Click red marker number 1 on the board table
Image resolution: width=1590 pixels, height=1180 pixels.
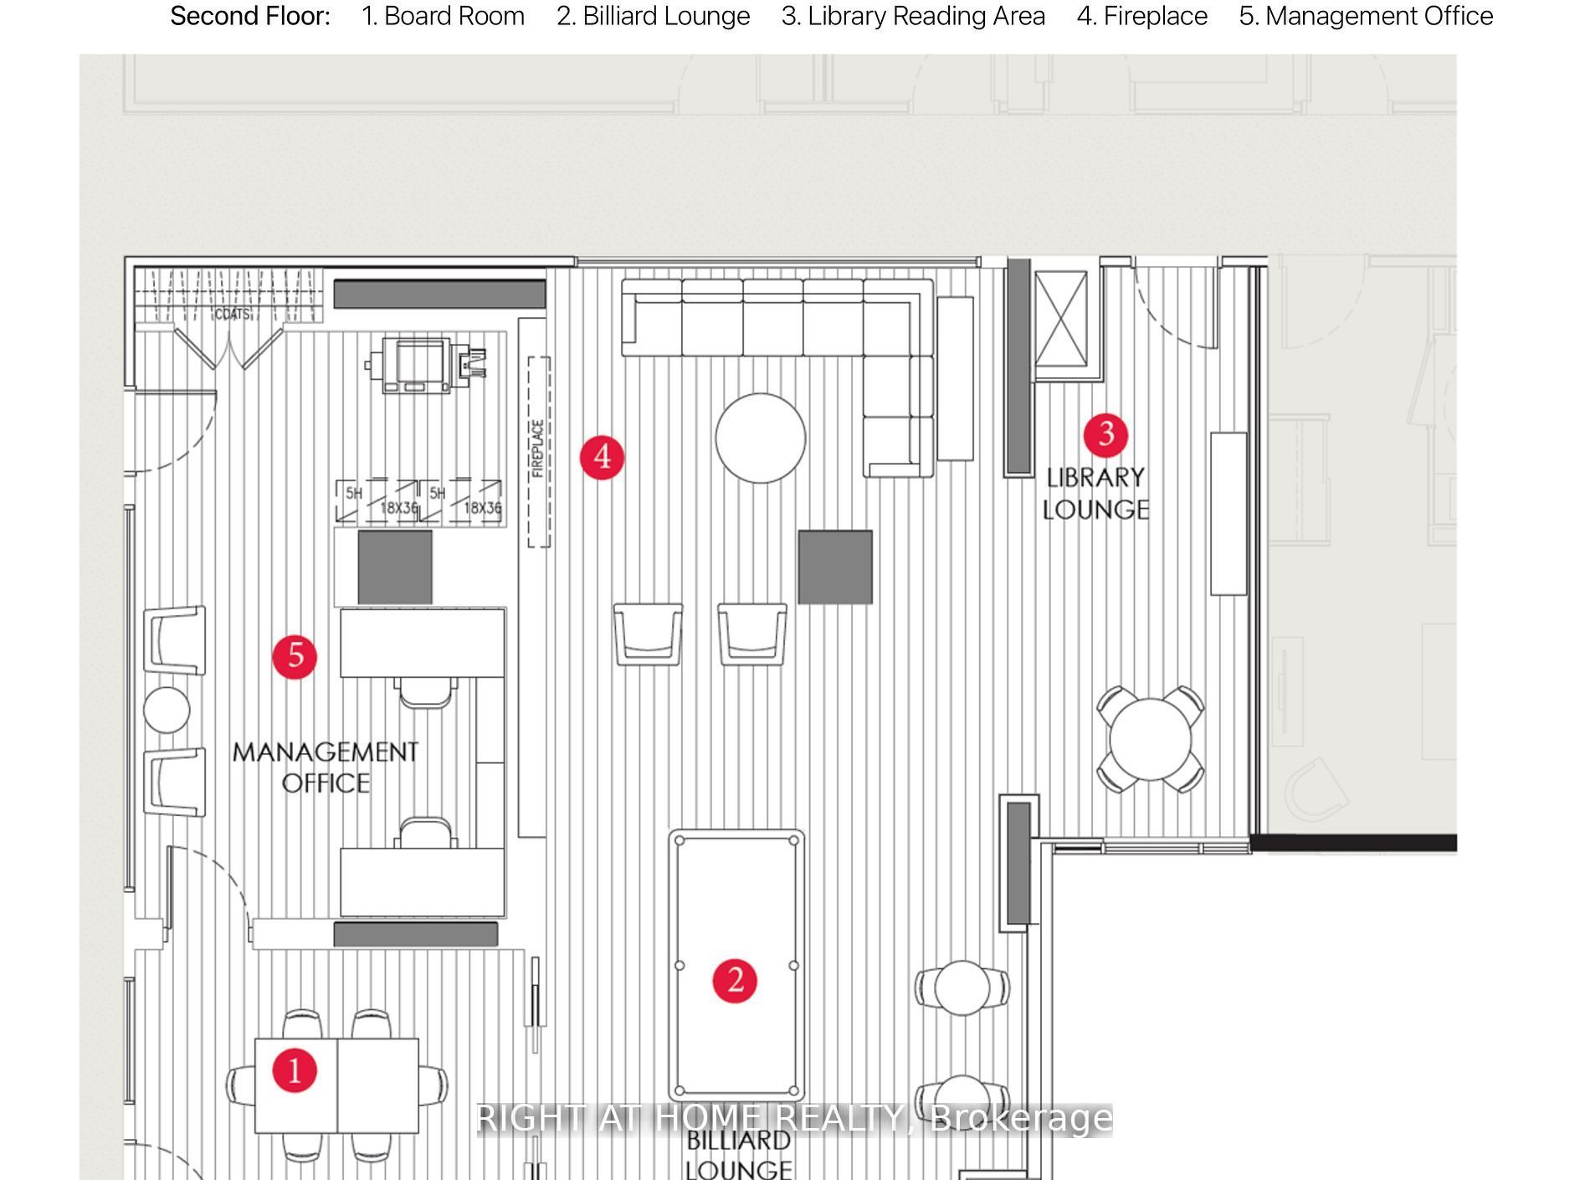click(295, 1070)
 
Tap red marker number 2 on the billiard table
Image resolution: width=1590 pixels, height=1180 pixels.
click(735, 980)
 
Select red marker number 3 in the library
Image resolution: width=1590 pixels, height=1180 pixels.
click(1105, 434)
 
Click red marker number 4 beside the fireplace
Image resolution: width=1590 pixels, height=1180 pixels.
click(602, 457)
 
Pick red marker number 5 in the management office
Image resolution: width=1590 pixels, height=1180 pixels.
click(295, 656)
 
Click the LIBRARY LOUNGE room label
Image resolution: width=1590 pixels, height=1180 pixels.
click(1095, 493)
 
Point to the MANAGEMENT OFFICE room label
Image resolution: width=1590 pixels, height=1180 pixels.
click(326, 767)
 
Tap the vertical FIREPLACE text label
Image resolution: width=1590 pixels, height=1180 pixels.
click(538, 449)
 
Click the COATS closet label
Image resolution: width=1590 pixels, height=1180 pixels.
click(232, 315)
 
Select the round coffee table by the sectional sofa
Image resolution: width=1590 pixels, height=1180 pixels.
click(760, 438)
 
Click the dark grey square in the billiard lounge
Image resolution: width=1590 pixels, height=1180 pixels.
click(835, 567)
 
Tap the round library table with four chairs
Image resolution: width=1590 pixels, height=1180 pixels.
click(1150, 740)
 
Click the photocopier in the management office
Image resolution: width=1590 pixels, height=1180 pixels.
click(425, 365)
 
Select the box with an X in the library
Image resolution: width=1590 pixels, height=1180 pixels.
click(1060, 319)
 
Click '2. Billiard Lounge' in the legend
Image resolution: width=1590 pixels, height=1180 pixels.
click(653, 16)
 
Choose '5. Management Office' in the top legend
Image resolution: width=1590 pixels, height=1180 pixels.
click(1366, 16)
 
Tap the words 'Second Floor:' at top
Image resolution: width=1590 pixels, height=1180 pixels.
click(250, 16)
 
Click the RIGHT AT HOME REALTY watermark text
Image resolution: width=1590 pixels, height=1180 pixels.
click(793, 1119)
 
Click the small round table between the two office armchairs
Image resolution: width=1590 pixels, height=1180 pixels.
click(167, 710)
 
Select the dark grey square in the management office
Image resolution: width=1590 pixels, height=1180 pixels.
click(395, 567)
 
